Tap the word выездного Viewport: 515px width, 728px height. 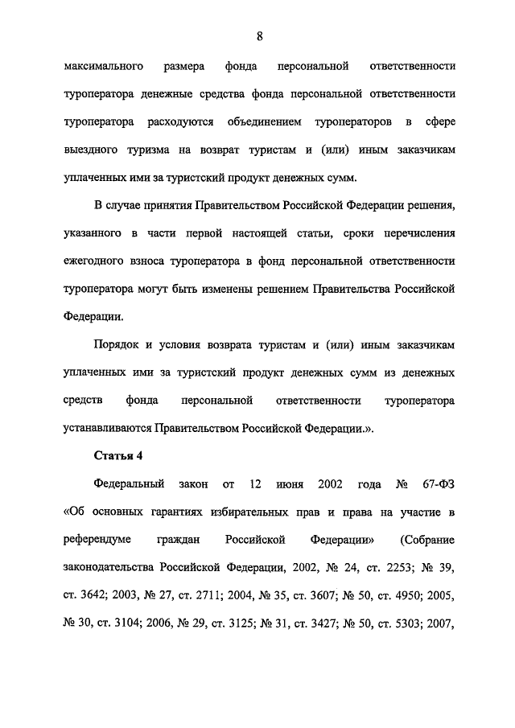93,150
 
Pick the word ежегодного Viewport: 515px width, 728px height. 96,262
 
